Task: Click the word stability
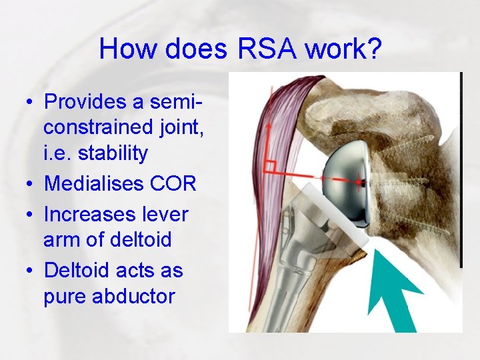113,153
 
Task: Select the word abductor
131,296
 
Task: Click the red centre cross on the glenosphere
360,180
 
